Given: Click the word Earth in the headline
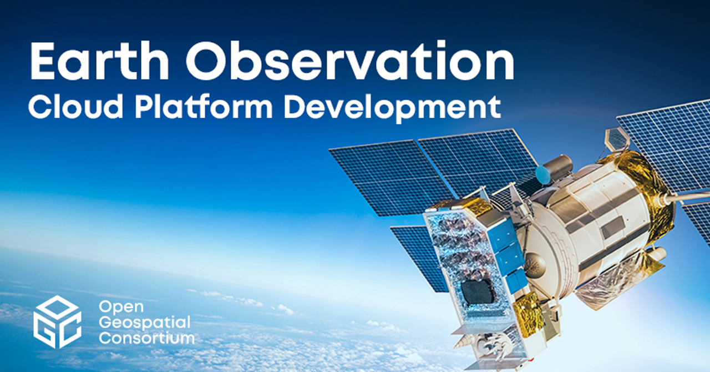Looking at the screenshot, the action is pyautogui.click(x=99, y=61).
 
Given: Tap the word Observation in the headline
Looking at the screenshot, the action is pyautogui.click(x=350, y=61).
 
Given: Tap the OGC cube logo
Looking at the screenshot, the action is pyautogui.click(x=57, y=321).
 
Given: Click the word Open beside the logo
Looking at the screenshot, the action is pyautogui.click(x=121, y=308).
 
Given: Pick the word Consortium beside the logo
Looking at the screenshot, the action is pyautogui.click(x=147, y=338).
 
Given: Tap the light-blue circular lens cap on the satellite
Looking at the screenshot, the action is pyautogui.click(x=542, y=175).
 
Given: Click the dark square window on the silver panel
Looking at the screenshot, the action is pyautogui.click(x=477, y=292).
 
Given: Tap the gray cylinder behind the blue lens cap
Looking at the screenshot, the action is pyautogui.click(x=559, y=167).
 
